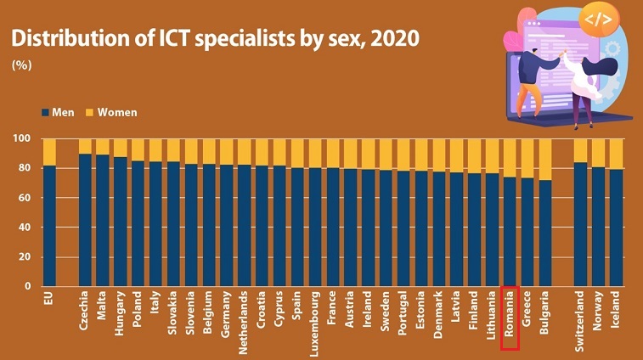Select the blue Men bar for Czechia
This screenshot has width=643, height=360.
[x=85, y=221]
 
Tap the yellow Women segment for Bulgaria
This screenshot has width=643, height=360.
[x=545, y=160]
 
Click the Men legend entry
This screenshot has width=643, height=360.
[x=60, y=112]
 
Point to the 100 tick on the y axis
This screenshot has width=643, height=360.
[x=22, y=138]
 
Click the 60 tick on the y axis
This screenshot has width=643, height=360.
[x=25, y=198]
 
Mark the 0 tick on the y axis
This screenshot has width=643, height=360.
[x=28, y=287]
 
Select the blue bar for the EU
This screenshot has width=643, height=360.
[x=49, y=225]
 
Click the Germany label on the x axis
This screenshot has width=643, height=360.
[x=227, y=317]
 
